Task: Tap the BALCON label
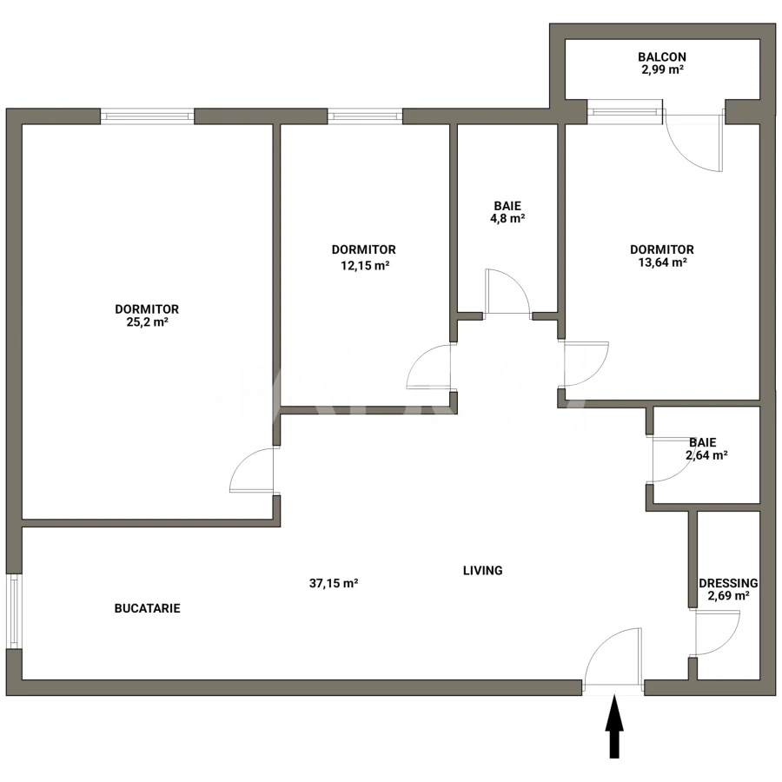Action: pos(662,57)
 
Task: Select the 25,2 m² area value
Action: pos(147,321)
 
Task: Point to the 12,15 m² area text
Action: pos(364,266)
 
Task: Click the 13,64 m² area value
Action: pos(662,262)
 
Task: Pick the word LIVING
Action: pos(482,571)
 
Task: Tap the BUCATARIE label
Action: pos(148,608)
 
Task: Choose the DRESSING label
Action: pos(728,583)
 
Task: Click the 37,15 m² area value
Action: pos(335,584)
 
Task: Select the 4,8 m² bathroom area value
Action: pos(508,219)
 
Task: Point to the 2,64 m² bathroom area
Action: pos(707,454)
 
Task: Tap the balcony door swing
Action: pos(693,143)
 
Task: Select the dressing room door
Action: pos(716,633)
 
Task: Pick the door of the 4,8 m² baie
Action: pos(507,291)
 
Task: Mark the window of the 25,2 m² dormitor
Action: pos(147,116)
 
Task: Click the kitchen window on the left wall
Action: pos(13,610)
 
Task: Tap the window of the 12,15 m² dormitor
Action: pos(365,116)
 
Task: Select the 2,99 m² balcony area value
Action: pos(662,70)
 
